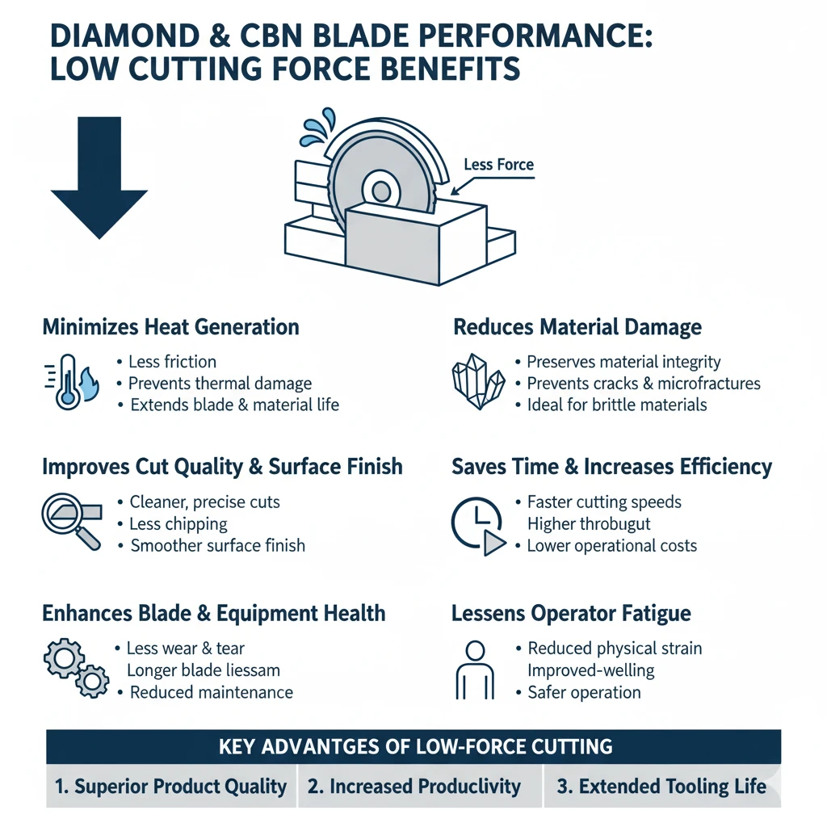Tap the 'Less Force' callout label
498,165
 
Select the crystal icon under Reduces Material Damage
476,381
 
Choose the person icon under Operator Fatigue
475,670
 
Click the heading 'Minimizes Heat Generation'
170,327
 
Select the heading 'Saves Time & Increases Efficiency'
611,467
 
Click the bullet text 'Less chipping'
178,523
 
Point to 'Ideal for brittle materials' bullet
617,405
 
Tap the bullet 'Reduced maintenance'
211,692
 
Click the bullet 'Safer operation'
584,692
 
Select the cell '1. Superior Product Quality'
171,787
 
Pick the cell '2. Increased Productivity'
420,787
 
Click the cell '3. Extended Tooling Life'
662,787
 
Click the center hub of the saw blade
376,191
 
